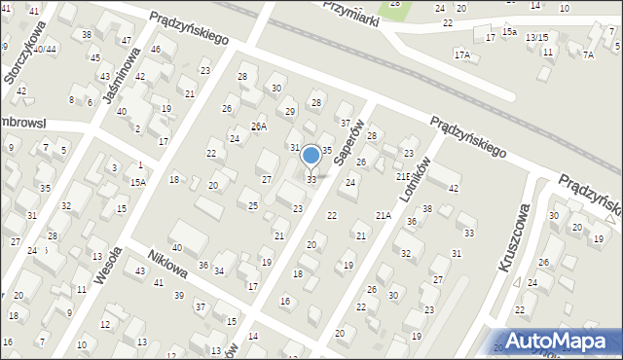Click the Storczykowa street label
click(x=25, y=54)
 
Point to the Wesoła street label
click(x=108, y=264)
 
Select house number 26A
click(x=258, y=126)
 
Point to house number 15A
click(x=138, y=182)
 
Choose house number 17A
click(x=461, y=55)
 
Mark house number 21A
click(x=383, y=215)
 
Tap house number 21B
click(x=403, y=176)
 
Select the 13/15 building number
click(x=535, y=37)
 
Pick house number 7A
click(x=588, y=55)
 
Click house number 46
click(x=156, y=50)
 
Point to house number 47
click(x=127, y=40)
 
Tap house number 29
click(x=290, y=111)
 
